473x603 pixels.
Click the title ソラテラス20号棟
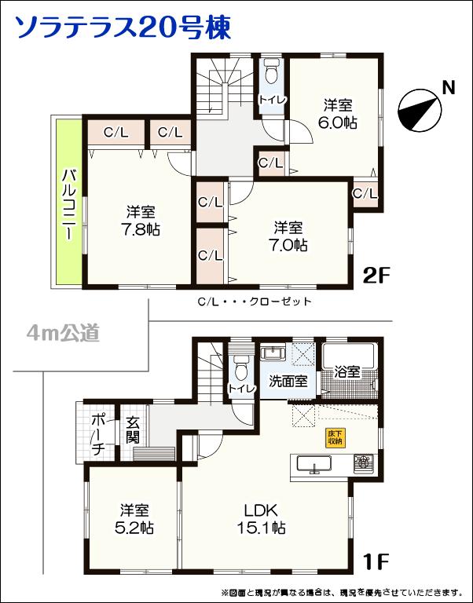pos(123,27)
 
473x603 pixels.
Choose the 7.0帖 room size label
pos(288,245)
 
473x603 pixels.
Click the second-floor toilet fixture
pos(272,72)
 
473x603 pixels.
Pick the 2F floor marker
pos(376,275)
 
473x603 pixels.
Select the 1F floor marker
pos(376,562)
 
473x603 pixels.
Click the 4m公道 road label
pos(64,334)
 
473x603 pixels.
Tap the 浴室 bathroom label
pos(346,371)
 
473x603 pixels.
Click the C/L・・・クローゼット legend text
pos(255,301)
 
